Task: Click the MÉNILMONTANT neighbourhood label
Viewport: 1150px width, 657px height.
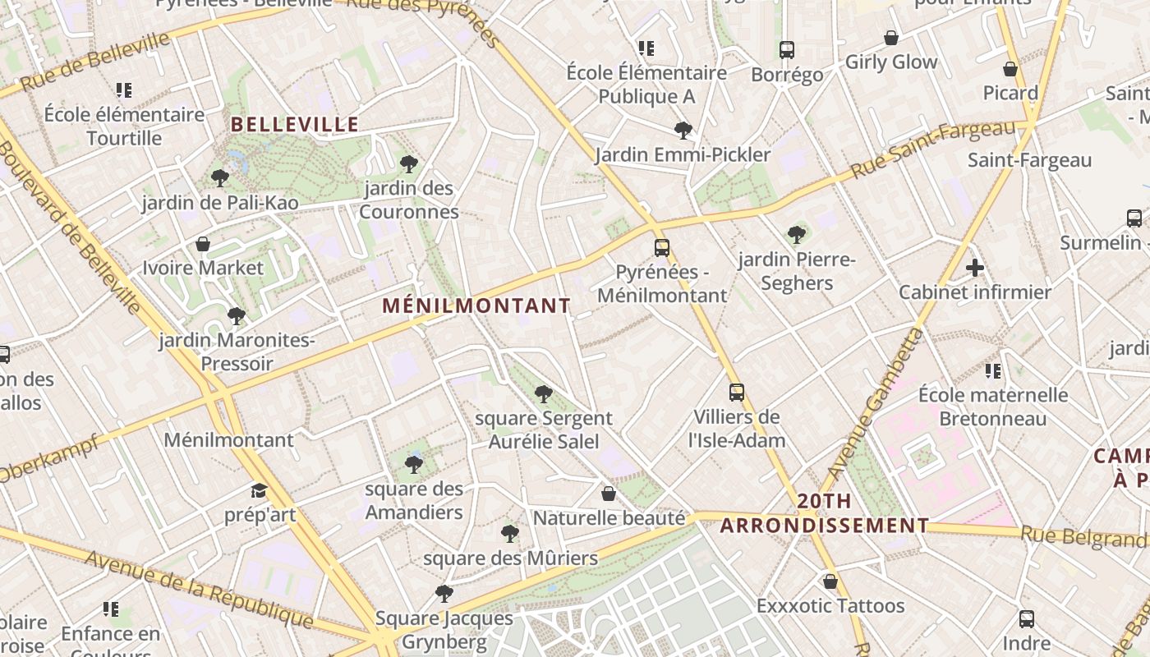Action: [476, 306]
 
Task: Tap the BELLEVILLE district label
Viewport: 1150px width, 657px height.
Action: [295, 125]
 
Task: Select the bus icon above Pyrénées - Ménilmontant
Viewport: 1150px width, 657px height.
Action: [662, 247]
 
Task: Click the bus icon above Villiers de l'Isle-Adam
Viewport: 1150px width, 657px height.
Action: [737, 393]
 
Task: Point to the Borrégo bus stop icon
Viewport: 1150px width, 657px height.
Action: [787, 49]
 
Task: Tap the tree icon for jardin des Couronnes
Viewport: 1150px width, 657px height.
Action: [409, 164]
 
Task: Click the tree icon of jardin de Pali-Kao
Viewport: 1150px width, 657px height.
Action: [219, 177]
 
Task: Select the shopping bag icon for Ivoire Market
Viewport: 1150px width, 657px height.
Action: [203, 244]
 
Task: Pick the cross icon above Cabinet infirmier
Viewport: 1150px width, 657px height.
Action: [975, 268]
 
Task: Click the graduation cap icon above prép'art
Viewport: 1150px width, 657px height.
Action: [260, 491]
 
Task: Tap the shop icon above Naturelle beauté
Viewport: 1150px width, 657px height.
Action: [609, 494]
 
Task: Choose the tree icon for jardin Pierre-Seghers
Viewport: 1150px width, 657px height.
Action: [797, 235]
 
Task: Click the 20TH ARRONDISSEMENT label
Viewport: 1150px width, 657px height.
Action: [825, 513]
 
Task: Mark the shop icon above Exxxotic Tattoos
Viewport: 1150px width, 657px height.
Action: [830, 581]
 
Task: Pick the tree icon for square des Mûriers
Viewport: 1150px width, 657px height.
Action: [510, 534]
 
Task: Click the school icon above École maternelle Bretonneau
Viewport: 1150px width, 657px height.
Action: [993, 371]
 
